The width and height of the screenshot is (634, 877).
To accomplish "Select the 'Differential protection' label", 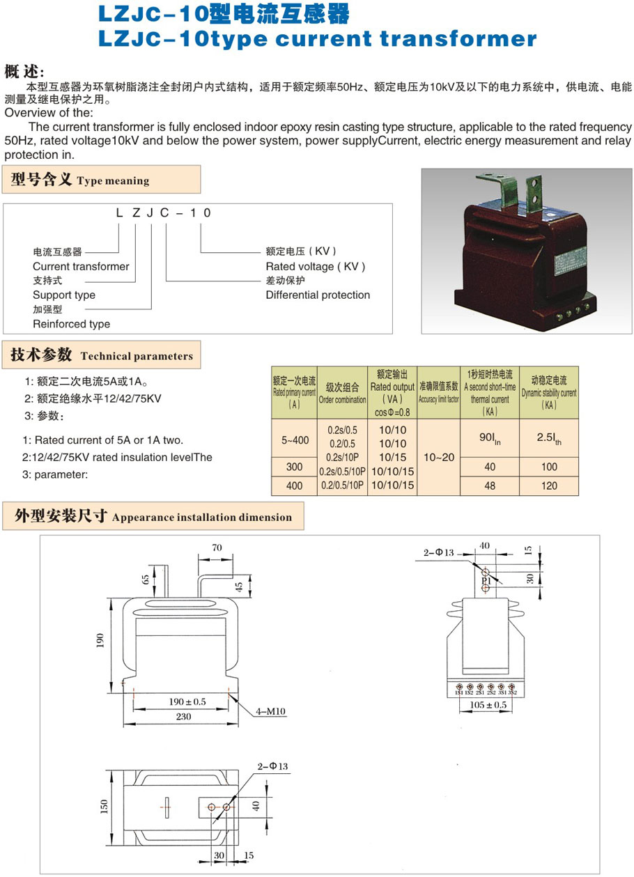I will (318, 295).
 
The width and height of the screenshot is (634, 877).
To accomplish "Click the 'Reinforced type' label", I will (71, 324).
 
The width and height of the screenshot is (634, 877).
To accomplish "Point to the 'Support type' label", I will (64, 295).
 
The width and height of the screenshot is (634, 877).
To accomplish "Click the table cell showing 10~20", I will (438, 457).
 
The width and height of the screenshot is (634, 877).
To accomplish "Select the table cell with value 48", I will (490, 486).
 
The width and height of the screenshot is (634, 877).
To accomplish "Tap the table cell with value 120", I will (549, 486).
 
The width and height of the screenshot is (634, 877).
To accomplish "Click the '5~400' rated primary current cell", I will (295, 440).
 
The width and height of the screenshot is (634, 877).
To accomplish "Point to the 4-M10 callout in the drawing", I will (271, 711).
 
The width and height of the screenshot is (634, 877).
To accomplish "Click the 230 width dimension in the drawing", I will (183, 717).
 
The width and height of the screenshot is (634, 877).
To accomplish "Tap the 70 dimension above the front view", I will (217, 548).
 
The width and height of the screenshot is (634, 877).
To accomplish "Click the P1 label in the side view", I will (486, 580).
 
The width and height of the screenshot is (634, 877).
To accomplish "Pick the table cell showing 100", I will (549, 466).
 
